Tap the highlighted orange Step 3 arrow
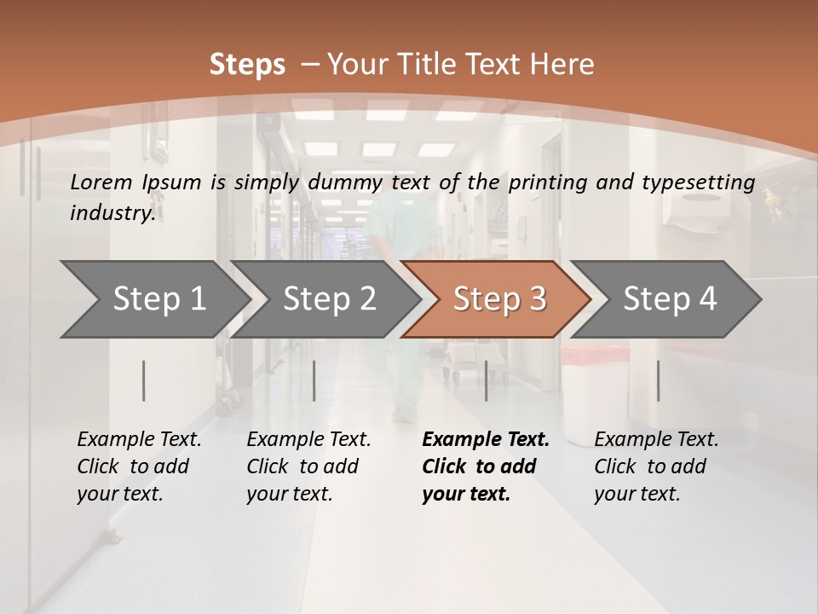tap(498, 299)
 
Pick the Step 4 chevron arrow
tap(669, 299)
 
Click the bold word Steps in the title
tap(247, 65)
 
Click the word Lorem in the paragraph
tap(101, 182)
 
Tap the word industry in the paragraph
tap(112, 212)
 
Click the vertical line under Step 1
tap(144, 380)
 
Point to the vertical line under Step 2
tap(314, 380)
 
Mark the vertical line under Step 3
tap(486, 380)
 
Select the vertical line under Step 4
tap(658, 380)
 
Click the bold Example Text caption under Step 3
tap(486, 466)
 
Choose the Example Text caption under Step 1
tap(139, 466)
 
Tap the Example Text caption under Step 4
tap(656, 466)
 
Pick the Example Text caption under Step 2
tap(308, 466)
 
